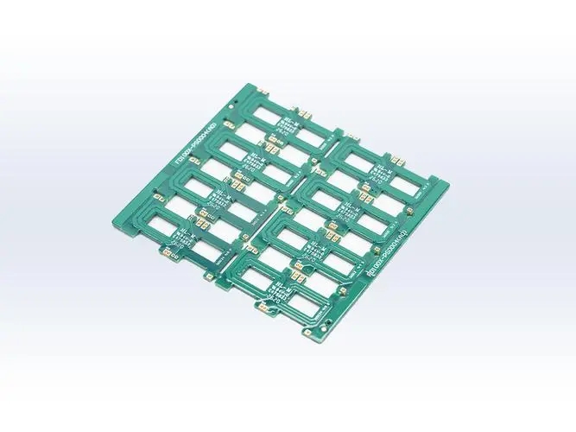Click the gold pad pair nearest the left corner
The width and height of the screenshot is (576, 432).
point(165,256)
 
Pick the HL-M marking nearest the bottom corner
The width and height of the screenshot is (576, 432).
point(278,286)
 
